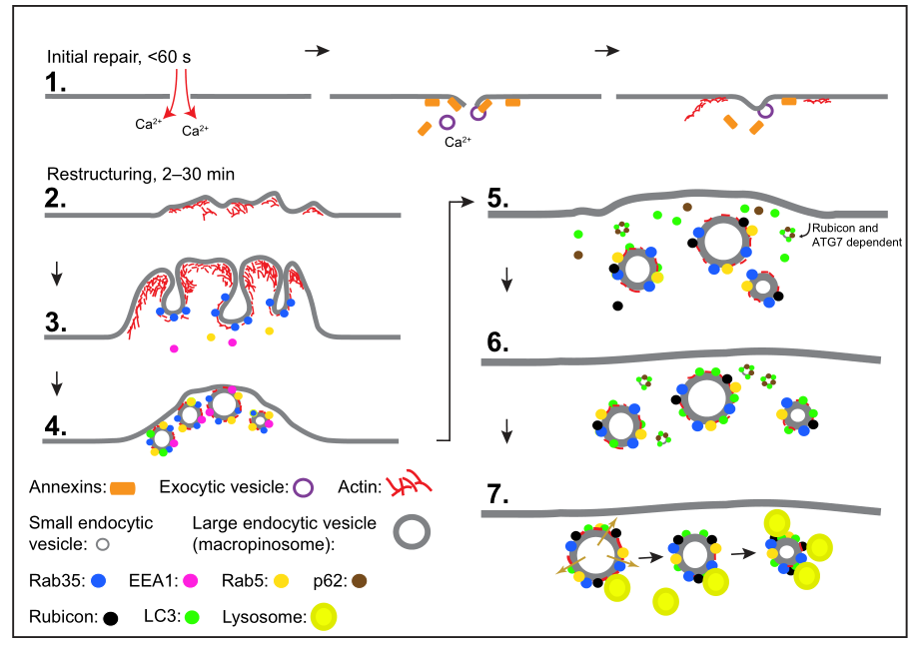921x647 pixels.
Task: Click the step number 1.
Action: pyautogui.click(x=55, y=82)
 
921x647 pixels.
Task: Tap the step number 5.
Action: pyautogui.click(x=497, y=198)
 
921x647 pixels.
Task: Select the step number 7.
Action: pyautogui.click(x=497, y=494)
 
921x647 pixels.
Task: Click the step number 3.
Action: pyautogui.click(x=55, y=322)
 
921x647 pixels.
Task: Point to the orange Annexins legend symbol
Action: pyautogui.click(x=123, y=488)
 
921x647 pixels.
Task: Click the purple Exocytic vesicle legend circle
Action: pyautogui.click(x=303, y=488)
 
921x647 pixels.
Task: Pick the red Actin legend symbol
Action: pyautogui.click(x=409, y=486)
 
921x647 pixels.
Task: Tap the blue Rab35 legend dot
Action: pyautogui.click(x=99, y=581)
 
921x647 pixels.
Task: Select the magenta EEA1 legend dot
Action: pyautogui.click(x=190, y=581)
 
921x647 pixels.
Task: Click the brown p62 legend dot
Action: pyautogui.click(x=359, y=581)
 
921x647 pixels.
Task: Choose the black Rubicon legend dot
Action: pyautogui.click(x=110, y=618)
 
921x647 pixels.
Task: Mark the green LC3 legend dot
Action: pyautogui.click(x=192, y=617)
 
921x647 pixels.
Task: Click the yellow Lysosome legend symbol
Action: pyautogui.click(x=324, y=617)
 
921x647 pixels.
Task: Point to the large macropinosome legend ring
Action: pyautogui.click(x=412, y=516)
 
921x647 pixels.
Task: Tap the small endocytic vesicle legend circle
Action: pyautogui.click(x=103, y=544)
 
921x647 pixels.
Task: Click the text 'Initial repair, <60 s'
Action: pyautogui.click(x=119, y=57)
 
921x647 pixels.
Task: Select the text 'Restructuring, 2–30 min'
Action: pyautogui.click(x=141, y=175)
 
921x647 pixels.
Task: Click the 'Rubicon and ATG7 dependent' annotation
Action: pyautogui.click(x=856, y=235)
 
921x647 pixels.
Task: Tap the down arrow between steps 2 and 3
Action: pyautogui.click(x=56, y=273)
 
